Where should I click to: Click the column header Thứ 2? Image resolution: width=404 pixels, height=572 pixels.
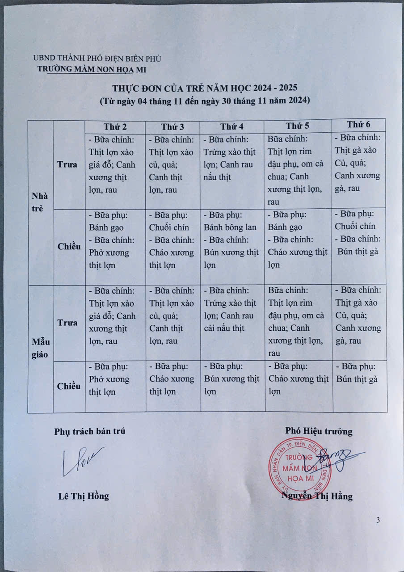click(115, 126)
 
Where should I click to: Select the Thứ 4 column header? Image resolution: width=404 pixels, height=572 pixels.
click(231, 126)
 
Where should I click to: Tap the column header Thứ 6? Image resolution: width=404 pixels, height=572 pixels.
click(359, 125)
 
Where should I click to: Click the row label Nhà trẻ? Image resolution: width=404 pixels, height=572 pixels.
click(40, 202)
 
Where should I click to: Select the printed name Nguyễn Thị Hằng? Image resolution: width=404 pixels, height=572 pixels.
click(317, 496)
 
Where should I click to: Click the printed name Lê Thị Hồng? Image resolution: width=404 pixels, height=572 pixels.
click(84, 496)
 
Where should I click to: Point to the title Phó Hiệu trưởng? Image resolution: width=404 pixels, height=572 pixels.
click(319, 431)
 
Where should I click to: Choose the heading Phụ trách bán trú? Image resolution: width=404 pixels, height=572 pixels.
click(90, 431)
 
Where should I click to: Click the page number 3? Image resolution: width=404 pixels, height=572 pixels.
click(379, 520)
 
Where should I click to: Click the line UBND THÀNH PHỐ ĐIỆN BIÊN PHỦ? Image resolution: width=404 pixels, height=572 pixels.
click(97, 59)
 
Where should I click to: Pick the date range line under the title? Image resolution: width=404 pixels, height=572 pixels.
click(204, 101)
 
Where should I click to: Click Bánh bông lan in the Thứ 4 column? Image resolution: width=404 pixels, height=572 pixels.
click(230, 227)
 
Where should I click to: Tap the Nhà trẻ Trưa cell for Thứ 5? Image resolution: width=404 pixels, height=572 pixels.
click(297, 170)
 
